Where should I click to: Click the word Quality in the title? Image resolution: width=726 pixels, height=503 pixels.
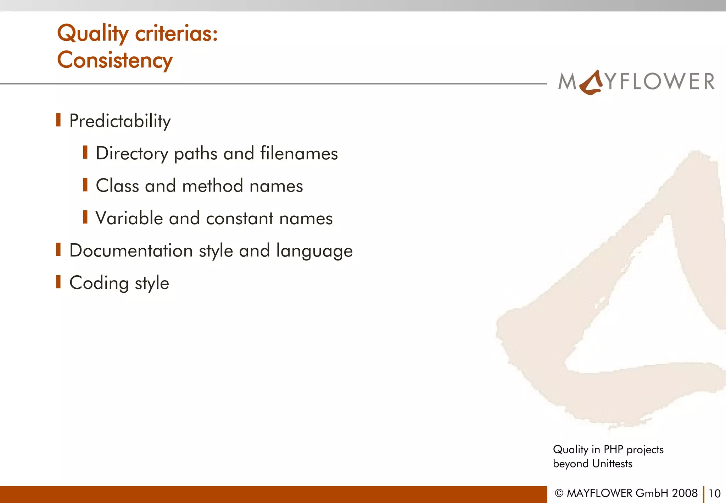[x=93, y=34]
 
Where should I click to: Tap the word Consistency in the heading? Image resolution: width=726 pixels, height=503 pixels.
[x=115, y=60]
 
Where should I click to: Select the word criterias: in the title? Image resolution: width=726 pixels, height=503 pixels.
[x=177, y=34]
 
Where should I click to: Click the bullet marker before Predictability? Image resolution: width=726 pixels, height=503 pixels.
[x=58, y=120]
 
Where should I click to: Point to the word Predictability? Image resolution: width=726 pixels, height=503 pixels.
[x=120, y=121]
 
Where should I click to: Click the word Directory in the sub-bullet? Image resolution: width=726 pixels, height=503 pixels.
[x=132, y=154]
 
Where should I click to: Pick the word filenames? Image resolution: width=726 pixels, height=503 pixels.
[x=299, y=154]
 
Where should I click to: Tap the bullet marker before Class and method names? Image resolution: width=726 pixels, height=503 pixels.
[x=85, y=185]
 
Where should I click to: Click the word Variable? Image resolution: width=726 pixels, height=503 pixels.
[x=129, y=218]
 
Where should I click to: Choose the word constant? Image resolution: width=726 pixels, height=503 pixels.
[x=240, y=218]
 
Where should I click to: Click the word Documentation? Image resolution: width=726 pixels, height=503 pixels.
[x=131, y=250]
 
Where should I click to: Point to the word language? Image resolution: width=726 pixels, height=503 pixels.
[x=314, y=251]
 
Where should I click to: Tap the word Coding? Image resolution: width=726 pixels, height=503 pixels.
[x=99, y=283]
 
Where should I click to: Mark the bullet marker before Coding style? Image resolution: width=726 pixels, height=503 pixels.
[x=58, y=282]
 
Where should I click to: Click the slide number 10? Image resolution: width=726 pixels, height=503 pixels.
[x=714, y=493]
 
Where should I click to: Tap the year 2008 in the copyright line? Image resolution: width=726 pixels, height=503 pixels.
[x=685, y=493]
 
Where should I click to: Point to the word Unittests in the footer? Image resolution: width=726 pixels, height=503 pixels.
[x=612, y=464]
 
